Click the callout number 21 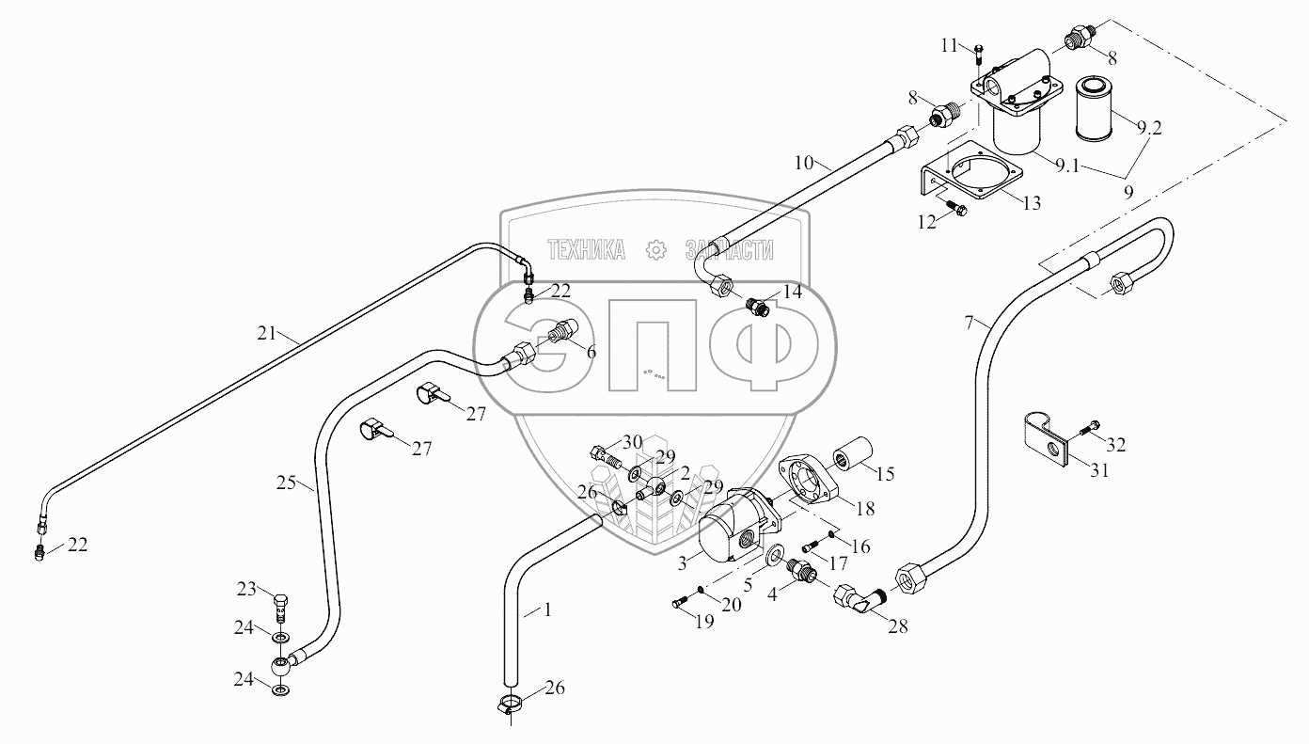(266, 331)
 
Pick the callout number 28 (898, 625)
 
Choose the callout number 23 (246, 590)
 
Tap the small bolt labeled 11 (979, 54)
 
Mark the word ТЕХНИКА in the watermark (586, 249)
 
